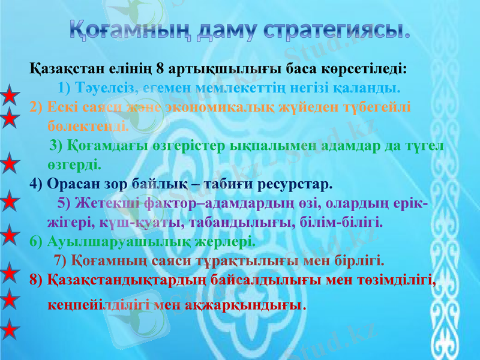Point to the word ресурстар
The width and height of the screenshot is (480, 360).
(295, 182)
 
